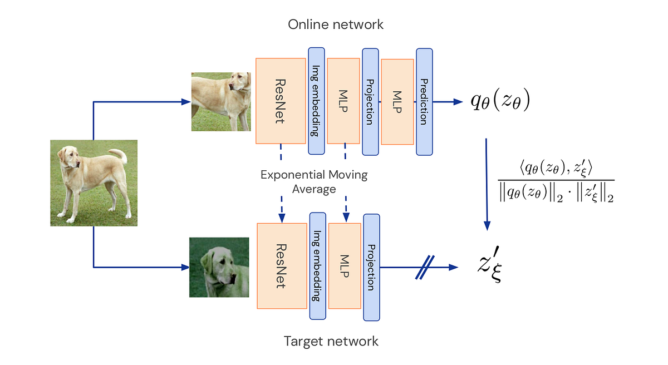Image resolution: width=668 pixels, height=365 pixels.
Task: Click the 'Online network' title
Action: tap(336, 24)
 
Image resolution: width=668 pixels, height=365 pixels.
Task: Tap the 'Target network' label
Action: tap(331, 341)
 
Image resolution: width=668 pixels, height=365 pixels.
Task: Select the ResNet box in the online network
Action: tap(281, 101)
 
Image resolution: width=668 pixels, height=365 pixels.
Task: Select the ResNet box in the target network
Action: tap(282, 266)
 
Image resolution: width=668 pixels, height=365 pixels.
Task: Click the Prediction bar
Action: tap(424, 102)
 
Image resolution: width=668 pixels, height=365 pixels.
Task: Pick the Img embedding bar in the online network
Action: tap(316, 101)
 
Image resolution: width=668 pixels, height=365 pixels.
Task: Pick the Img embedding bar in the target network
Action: tap(318, 266)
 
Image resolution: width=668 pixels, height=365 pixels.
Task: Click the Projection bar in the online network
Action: tap(370, 102)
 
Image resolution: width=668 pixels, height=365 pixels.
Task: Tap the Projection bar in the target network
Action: tap(372, 267)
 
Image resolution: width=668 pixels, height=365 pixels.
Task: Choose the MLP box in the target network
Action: tap(345, 266)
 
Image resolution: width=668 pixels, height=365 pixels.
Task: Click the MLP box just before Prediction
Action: tap(397, 102)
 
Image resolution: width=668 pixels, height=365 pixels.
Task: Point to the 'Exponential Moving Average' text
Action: tap(314, 182)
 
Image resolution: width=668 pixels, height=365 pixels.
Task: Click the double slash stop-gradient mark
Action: tap(425, 267)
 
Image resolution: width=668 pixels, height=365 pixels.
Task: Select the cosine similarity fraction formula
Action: tap(556, 181)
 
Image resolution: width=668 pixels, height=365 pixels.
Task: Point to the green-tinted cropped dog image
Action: tap(219, 267)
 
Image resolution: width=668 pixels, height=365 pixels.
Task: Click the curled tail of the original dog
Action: tap(121, 155)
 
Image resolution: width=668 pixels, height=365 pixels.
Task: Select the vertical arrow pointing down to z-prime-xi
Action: tap(487, 184)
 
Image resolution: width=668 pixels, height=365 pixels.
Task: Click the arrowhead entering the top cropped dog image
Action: tap(186, 102)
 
